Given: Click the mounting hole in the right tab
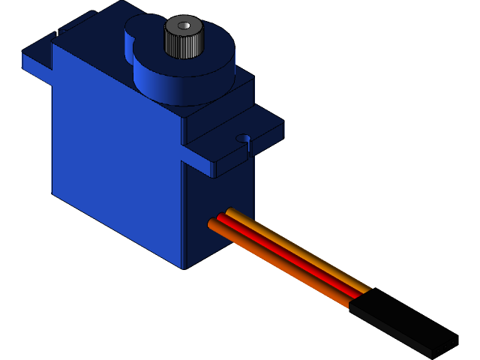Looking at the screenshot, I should [x=242, y=139].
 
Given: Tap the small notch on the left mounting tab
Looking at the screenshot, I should [x=57, y=34].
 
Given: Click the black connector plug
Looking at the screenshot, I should [x=401, y=322].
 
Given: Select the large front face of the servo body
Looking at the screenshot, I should [x=116, y=165].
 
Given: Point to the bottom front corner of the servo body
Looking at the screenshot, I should [x=183, y=267].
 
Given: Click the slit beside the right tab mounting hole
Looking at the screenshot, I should [x=247, y=150].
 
